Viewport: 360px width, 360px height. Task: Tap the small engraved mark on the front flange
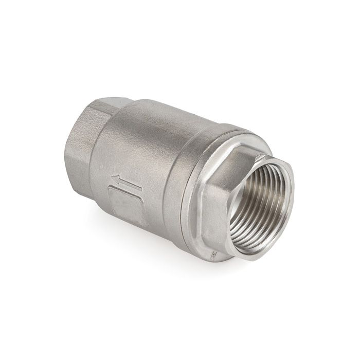point(211,253)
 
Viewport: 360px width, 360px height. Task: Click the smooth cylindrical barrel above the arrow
point(149,134)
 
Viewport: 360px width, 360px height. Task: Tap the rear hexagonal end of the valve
point(85,144)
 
